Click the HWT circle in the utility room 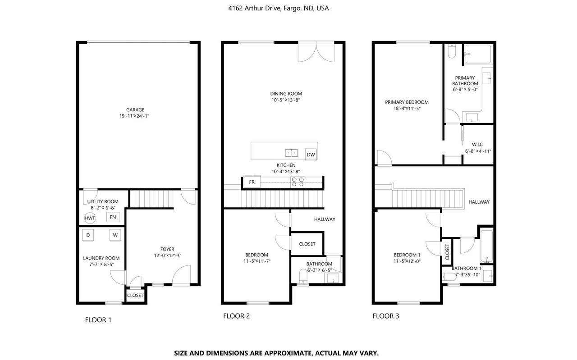(90, 218)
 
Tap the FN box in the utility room (113, 217)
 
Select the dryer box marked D (88, 235)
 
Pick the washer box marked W (115, 235)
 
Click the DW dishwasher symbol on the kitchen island (311, 154)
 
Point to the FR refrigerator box (252, 182)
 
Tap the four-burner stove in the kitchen (298, 182)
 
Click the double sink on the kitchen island (291, 153)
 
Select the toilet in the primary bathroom (452, 51)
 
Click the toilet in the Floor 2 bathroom (303, 276)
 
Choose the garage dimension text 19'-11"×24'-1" (134, 116)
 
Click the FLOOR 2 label (237, 316)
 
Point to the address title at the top (279, 8)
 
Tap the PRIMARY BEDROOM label (407, 102)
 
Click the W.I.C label (477, 145)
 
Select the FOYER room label (167, 249)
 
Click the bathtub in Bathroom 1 (486, 246)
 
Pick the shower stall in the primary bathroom (478, 54)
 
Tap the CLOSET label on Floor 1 (135, 296)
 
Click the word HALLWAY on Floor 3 (479, 202)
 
